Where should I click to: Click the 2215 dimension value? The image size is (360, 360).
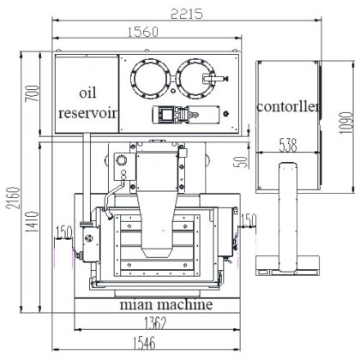click(x=187, y=14)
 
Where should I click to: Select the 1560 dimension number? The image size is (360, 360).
click(x=143, y=32)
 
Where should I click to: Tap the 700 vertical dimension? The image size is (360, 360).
click(x=32, y=93)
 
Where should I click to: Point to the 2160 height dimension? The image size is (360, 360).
click(x=14, y=198)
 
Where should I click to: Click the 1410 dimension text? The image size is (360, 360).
click(x=32, y=221)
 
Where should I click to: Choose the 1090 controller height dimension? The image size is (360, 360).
click(x=346, y=123)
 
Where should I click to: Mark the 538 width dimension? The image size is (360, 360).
click(x=288, y=145)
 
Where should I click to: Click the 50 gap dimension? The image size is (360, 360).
click(x=243, y=162)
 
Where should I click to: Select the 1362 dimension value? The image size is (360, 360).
click(x=155, y=323)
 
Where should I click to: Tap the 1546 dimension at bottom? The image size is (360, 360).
click(x=145, y=343)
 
